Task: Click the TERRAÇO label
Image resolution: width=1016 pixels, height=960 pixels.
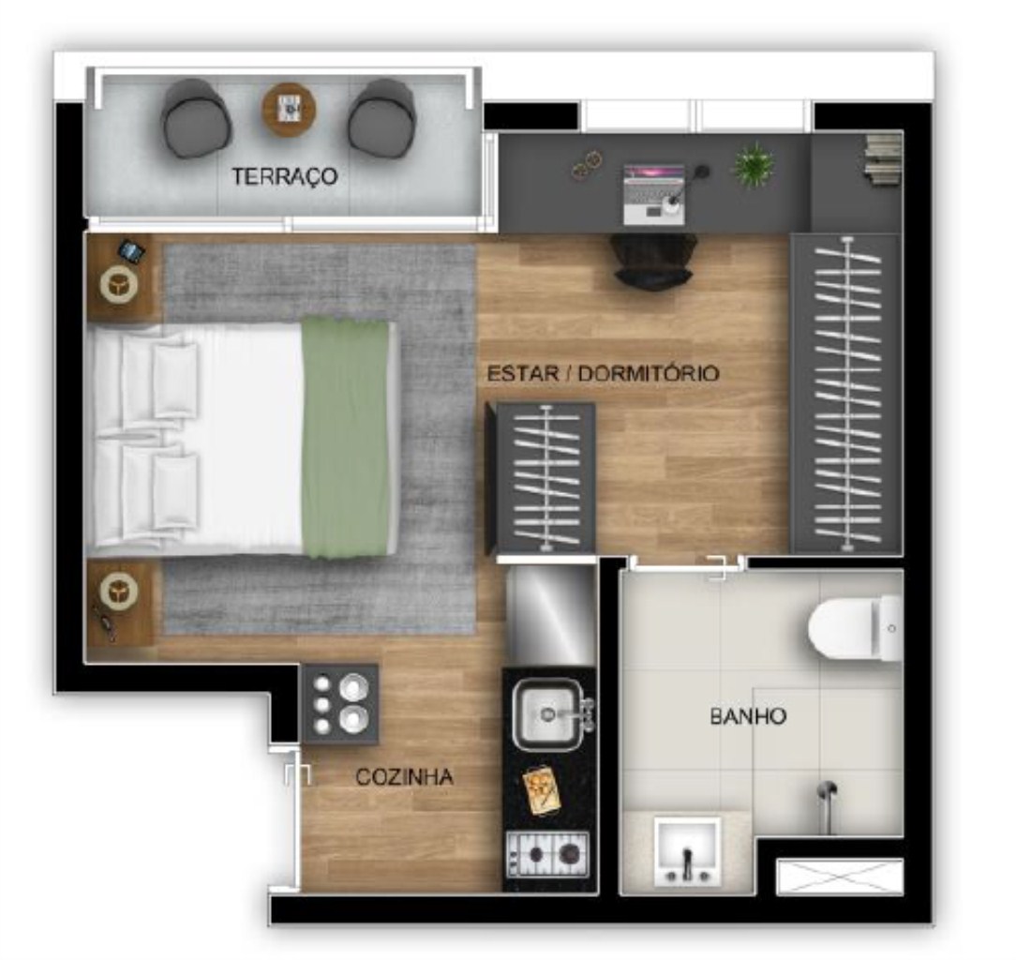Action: click(x=285, y=176)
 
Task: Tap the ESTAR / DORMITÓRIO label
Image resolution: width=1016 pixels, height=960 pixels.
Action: click(x=603, y=373)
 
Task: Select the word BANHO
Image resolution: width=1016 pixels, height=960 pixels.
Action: click(x=747, y=717)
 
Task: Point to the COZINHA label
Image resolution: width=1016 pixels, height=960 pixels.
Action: click(x=404, y=777)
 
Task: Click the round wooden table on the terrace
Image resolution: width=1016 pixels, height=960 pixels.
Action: click(x=289, y=110)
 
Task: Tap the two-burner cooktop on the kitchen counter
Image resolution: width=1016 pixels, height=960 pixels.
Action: click(x=546, y=853)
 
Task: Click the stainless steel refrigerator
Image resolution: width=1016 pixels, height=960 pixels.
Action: click(x=550, y=613)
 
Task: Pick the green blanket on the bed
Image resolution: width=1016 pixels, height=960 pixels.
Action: click(x=346, y=437)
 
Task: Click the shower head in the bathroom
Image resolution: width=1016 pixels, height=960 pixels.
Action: click(x=826, y=793)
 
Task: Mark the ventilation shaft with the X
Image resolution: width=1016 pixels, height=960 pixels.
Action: click(x=839, y=877)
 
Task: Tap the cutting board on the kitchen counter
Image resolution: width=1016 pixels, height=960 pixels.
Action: click(x=542, y=791)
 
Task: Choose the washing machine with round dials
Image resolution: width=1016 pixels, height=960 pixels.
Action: click(x=339, y=704)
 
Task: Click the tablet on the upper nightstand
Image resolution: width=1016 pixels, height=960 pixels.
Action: click(x=132, y=251)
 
